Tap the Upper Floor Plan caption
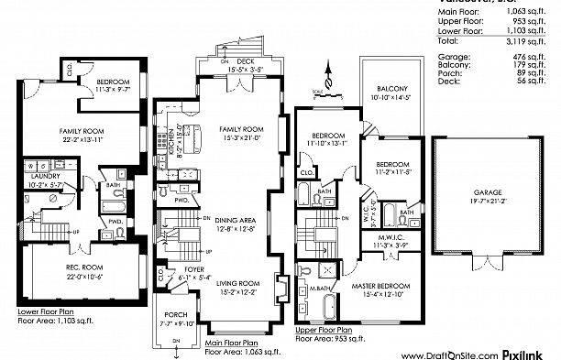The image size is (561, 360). (x=323, y=328)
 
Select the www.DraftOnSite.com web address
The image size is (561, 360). (x=450, y=354)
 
